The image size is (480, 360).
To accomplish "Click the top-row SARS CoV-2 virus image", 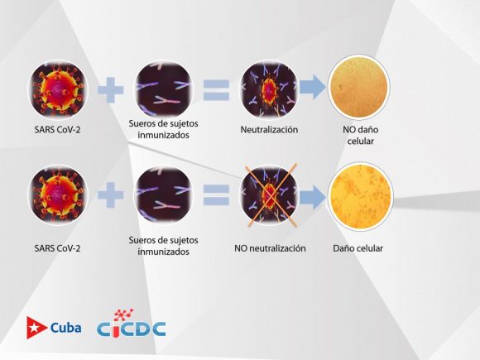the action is click(58, 89).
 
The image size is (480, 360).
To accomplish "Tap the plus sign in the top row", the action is click(111, 90).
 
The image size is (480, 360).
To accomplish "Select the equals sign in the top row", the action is click(216, 90).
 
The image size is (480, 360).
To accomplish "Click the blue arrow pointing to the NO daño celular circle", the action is click(313, 87).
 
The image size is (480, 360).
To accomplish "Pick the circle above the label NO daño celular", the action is click(359, 87).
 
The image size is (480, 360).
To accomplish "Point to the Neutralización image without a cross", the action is click(269, 89).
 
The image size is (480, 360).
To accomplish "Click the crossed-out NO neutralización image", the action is click(269, 195).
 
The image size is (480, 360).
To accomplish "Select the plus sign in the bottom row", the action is click(111, 195).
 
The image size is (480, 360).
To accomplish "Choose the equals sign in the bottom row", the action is click(216, 195).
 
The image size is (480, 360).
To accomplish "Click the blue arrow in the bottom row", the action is click(313, 197).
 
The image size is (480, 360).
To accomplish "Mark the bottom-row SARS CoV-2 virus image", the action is click(58, 195).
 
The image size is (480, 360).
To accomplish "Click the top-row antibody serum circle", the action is click(164, 89).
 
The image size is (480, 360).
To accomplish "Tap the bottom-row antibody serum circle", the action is click(164, 195).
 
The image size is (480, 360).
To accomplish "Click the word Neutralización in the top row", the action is click(269, 129).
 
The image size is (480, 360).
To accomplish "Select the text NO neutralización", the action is click(270, 248).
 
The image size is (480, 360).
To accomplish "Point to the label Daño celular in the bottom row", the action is click(358, 248).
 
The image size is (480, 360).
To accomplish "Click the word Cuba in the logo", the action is click(66, 328).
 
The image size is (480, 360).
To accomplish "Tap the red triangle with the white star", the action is click(36, 328).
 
